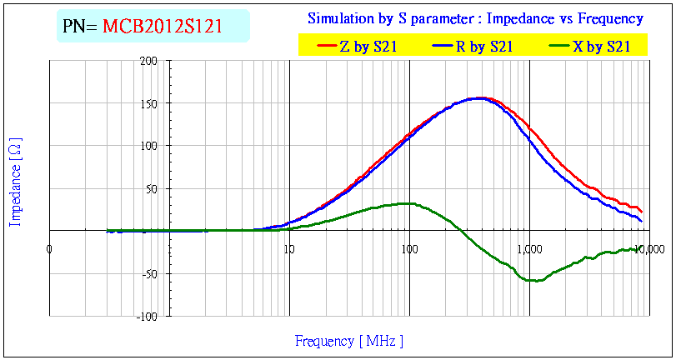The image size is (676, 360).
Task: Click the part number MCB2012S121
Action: point(163,26)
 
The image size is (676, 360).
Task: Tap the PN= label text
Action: point(81,26)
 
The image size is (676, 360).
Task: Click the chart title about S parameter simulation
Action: point(475,18)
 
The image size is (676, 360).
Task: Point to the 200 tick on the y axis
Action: point(149,61)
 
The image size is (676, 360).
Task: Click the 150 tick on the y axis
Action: point(149,104)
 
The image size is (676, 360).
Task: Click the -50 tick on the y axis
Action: point(149,274)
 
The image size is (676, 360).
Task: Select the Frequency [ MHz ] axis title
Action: point(348,341)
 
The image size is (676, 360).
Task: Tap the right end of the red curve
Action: point(641,211)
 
